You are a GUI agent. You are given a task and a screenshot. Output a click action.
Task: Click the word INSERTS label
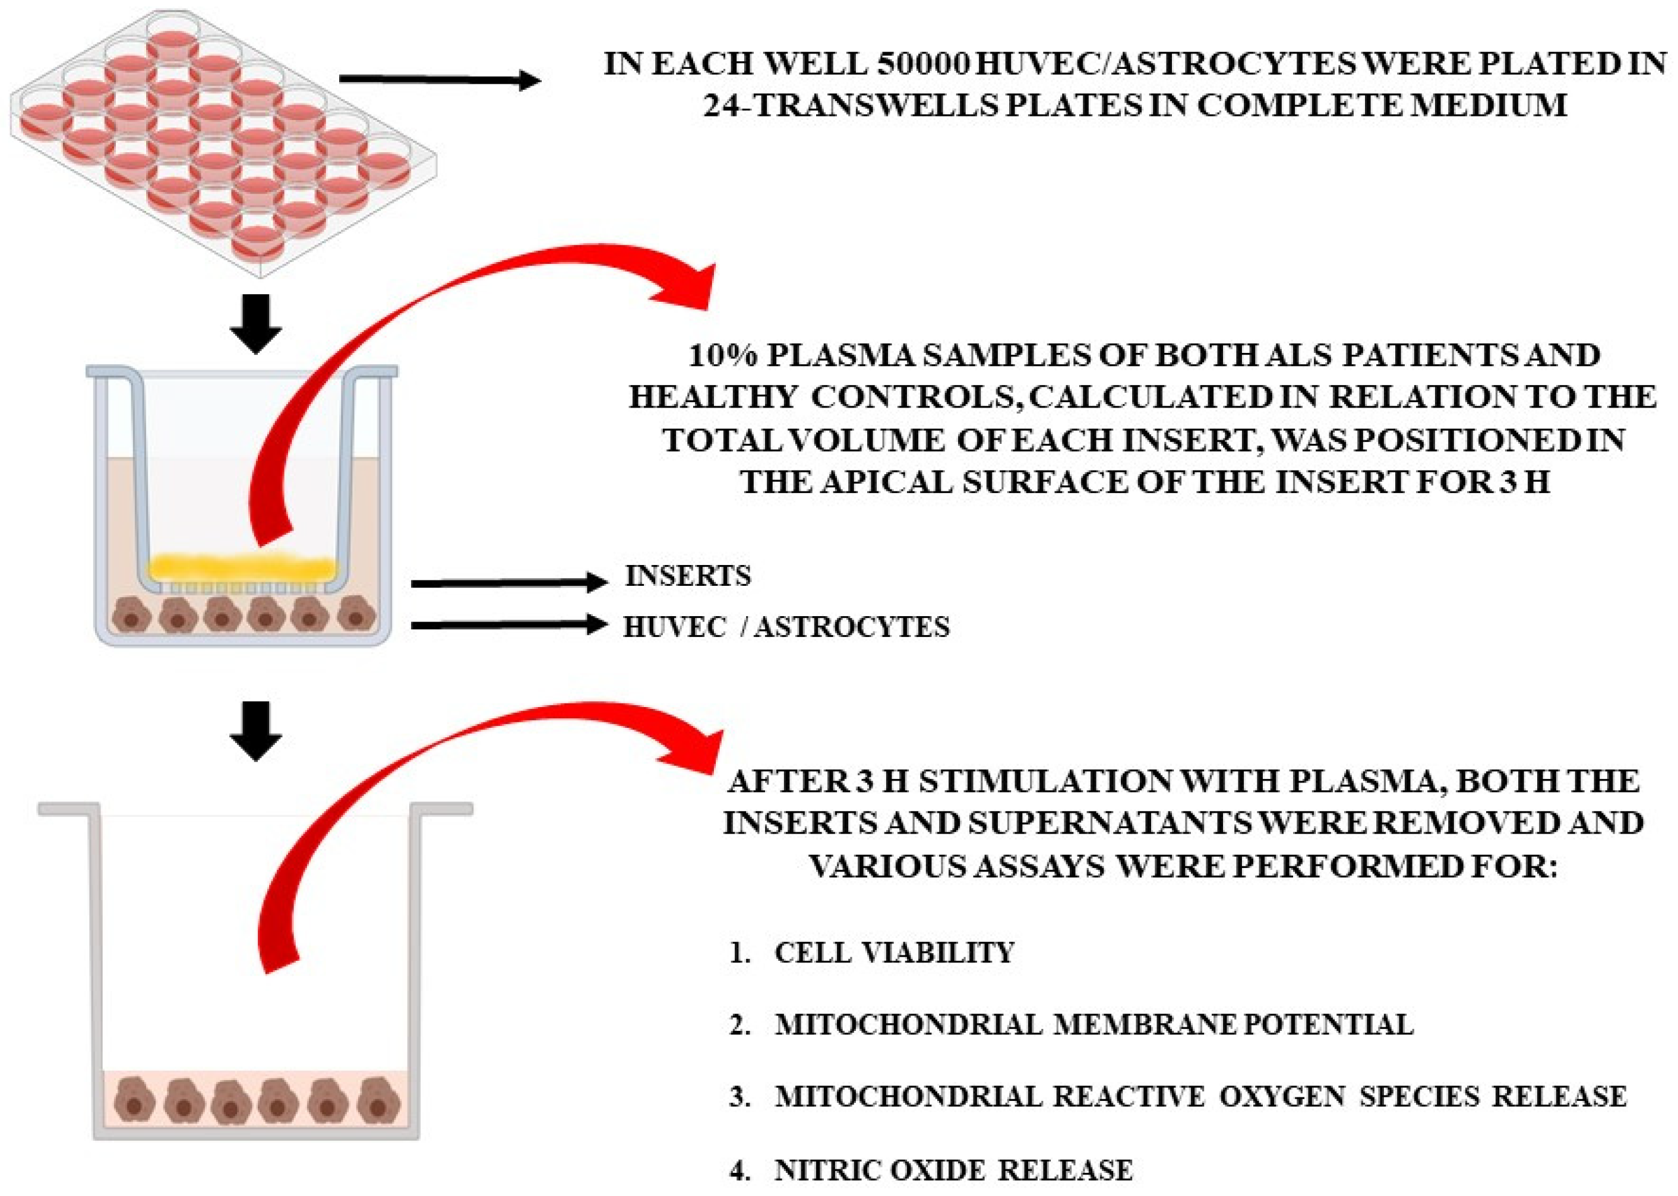[x=688, y=576]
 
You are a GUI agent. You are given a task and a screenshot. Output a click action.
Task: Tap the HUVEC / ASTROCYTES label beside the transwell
[x=786, y=627]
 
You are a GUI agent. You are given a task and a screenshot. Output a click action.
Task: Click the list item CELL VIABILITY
[x=894, y=953]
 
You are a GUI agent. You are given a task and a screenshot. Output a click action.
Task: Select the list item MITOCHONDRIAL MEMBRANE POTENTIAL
[x=1094, y=1025]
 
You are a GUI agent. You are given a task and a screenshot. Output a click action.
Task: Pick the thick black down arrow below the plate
[x=255, y=324]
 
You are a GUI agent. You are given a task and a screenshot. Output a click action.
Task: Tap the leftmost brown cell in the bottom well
[x=135, y=1100]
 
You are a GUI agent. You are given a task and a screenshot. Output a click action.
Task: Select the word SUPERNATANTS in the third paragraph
[x=1109, y=823]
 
